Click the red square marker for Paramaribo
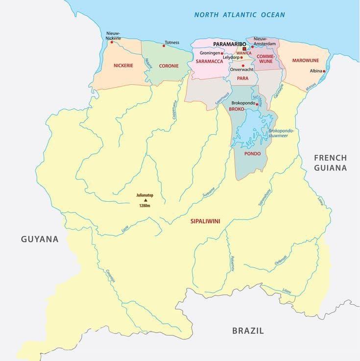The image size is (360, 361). pyautogui.click(x=244, y=49)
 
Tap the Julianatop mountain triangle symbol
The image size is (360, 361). pyautogui.click(x=145, y=200)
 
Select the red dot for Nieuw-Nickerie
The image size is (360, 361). pyautogui.click(x=112, y=42)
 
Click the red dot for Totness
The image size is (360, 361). pyautogui.click(x=164, y=46)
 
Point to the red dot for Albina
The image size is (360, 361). pyautogui.click(x=324, y=71)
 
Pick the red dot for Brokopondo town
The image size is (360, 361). pyautogui.click(x=257, y=104)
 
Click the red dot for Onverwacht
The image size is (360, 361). pyautogui.click(x=243, y=65)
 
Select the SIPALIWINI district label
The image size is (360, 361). pyautogui.click(x=205, y=221)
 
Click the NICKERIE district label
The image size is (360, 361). pyautogui.click(x=123, y=65)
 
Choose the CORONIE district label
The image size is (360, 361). pyautogui.click(x=168, y=65)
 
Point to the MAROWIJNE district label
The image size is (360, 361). pyautogui.click(x=305, y=60)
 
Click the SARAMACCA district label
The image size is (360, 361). pyautogui.click(x=209, y=62)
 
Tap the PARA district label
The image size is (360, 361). pyautogui.click(x=242, y=78)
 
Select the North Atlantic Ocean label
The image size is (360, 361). pyautogui.click(x=239, y=15)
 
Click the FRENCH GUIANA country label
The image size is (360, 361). pyautogui.click(x=330, y=163)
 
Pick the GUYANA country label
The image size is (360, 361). pyautogui.click(x=40, y=239)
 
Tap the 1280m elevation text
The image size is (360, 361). pyautogui.click(x=145, y=206)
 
